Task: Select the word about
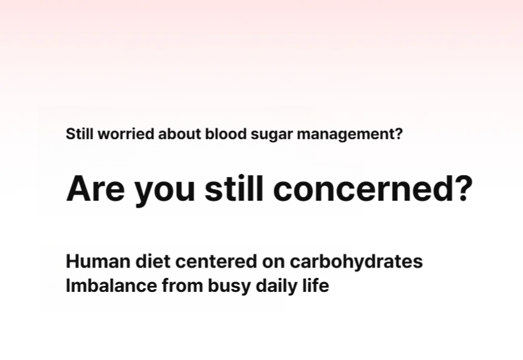(179, 134)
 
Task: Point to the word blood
(226, 134)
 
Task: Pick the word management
(350, 135)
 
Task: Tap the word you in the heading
(164, 192)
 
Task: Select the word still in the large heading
(234, 188)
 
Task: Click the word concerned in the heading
(373, 188)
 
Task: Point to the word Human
(98, 261)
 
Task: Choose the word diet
(153, 261)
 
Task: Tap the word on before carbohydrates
(273, 263)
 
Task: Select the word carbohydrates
(356, 262)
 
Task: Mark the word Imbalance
(111, 286)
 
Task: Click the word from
(182, 286)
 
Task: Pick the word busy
(229, 287)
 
